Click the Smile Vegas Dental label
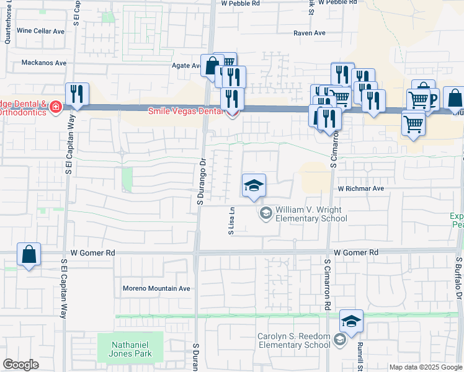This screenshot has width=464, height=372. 186,112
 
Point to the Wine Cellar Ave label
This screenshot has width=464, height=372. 41,30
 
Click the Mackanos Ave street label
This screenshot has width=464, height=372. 43,63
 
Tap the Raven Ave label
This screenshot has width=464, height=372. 310,33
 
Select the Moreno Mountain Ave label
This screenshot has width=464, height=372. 156,288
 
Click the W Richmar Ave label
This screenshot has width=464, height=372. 361,188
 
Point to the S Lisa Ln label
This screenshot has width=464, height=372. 231,220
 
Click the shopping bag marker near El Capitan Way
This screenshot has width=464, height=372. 29,254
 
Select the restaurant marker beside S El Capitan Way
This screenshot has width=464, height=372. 77,94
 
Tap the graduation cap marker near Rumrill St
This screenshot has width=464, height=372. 351,321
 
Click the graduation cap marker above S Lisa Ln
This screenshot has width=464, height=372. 253,185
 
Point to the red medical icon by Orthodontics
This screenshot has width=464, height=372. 56,107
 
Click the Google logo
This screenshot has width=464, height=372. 20,365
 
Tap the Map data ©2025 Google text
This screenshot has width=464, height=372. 426,367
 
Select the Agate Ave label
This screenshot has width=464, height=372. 185,65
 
